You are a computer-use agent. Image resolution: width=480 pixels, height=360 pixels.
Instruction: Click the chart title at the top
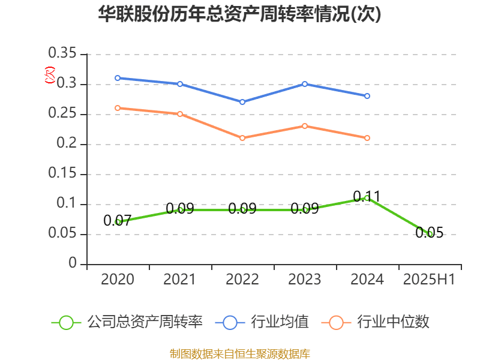click(x=239, y=14)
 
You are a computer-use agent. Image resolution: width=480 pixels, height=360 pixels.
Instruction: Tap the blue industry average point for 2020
click(x=118, y=78)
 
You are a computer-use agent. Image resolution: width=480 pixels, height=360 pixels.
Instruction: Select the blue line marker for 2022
click(x=242, y=102)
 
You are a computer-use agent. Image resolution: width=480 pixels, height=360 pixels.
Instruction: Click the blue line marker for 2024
click(x=367, y=96)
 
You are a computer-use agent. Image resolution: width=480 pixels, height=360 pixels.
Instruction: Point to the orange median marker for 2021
click(x=180, y=114)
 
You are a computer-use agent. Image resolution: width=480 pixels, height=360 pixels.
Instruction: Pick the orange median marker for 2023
click(x=305, y=126)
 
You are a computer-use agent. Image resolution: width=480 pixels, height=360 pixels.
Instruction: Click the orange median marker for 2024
click(x=367, y=138)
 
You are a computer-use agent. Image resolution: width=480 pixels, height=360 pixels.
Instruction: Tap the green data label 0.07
click(x=117, y=221)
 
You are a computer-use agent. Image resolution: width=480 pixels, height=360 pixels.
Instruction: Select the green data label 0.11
click(x=367, y=196)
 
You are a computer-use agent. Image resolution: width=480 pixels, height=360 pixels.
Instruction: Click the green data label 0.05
click(x=430, y=233)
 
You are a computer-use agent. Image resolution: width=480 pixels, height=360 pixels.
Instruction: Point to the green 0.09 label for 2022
click(x=242, y=209)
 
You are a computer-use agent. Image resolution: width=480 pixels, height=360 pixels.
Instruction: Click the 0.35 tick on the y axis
click(x=62, y=55)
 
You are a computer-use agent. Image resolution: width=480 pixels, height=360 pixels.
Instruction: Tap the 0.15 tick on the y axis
click(x=62, y=174)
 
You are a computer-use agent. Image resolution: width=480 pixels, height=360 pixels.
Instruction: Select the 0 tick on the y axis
click(x=73, y=263)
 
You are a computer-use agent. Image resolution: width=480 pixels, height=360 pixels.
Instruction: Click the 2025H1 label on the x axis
click(x=430, y=280)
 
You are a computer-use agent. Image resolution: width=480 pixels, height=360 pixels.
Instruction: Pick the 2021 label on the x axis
click(x=180, y=280)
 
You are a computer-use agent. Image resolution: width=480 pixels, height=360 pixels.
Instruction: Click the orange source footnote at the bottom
click(x=239, y=353)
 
